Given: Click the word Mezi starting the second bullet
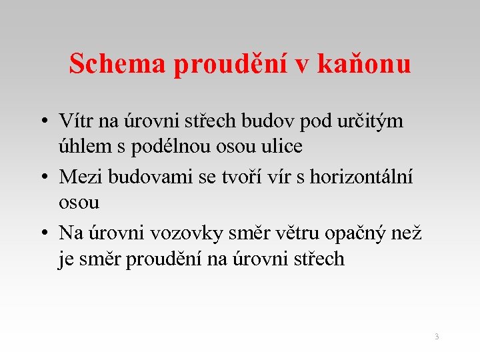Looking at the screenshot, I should [x=79, y=177].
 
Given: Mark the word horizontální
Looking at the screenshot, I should [x=365, y=177].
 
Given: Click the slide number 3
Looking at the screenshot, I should [x=437, y=337].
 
